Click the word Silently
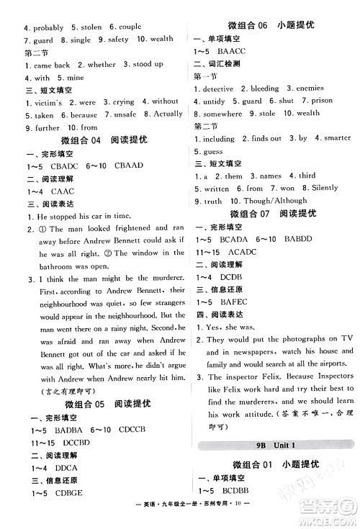point(316,188)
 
